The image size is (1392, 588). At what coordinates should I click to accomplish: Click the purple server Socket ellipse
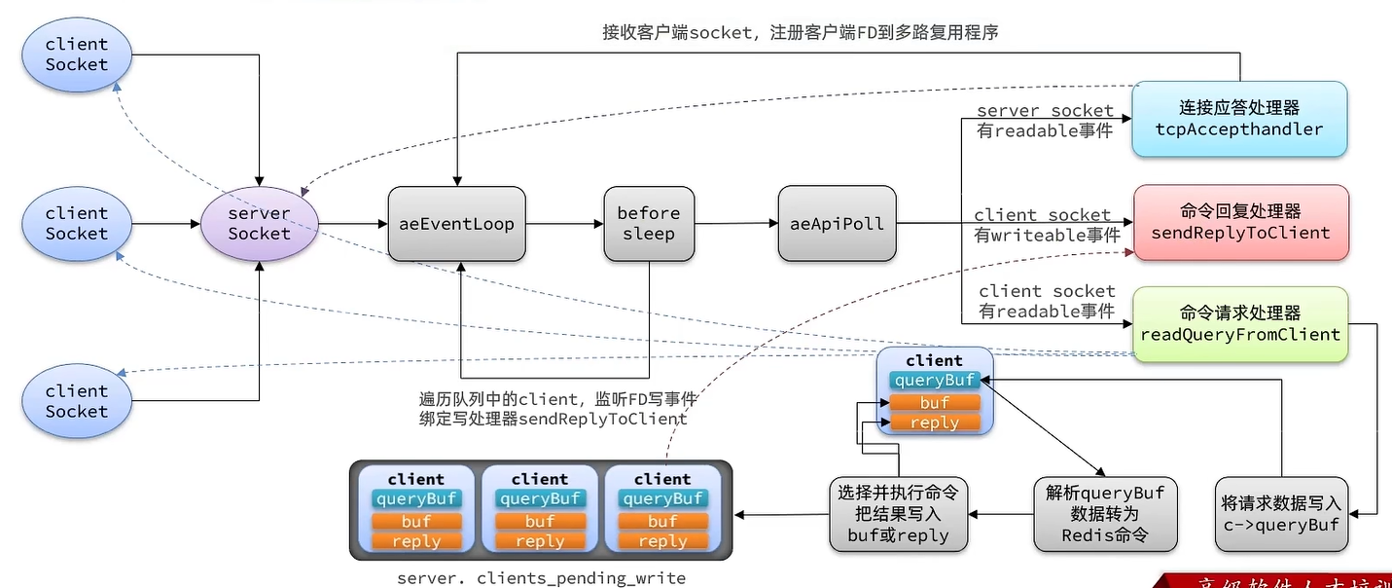260,224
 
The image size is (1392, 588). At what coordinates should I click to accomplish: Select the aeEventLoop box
456,224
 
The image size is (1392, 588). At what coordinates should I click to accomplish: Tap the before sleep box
649,224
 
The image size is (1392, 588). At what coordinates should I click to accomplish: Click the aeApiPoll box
837,224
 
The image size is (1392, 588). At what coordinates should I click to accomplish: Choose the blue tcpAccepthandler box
1239,119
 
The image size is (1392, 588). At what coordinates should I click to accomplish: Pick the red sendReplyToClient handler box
1240,223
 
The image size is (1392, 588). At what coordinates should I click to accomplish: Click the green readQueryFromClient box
1240,324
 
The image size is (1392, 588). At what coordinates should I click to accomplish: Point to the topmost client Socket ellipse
77,55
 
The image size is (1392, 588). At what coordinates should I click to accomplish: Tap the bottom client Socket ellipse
77,401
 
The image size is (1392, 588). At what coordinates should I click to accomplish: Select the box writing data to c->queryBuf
1281,514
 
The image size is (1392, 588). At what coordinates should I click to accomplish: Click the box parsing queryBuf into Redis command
1105,514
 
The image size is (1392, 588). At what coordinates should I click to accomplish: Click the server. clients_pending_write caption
541,578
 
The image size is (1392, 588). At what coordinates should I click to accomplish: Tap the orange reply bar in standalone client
934,423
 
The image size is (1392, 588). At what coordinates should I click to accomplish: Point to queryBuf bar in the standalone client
934,381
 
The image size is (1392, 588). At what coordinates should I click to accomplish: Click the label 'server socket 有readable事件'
1045,122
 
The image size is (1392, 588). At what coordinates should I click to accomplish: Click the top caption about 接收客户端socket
800,33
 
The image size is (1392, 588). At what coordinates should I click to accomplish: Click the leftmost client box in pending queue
416,510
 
